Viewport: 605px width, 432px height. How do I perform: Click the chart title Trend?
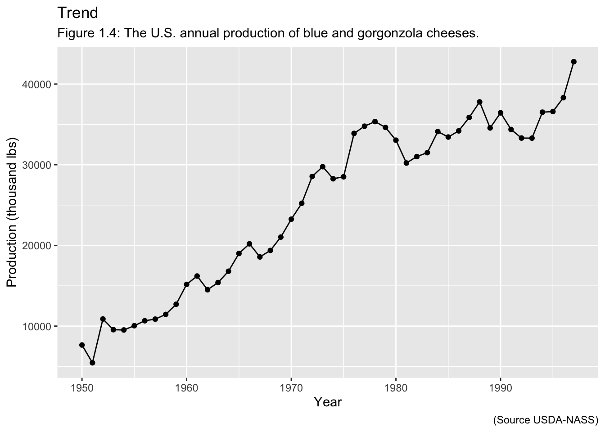(77, 13)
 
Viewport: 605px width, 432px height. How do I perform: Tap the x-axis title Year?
(328, 402)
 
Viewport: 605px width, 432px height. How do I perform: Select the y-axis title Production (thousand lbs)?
(12, 213)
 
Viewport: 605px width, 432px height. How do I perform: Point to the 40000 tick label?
(39, 85)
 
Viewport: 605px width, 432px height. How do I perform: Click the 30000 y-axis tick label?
(39, 165)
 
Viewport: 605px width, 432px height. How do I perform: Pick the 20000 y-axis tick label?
(39, 246)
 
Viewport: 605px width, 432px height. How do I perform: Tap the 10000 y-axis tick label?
(39, 326)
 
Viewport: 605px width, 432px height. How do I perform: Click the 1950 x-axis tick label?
(82, 387)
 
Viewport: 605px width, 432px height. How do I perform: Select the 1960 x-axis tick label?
(186, 387)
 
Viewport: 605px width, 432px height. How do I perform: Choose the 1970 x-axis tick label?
(291, 387)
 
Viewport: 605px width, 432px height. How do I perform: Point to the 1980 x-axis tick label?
(396, 387)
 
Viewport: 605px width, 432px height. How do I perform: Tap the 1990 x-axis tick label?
(500, 387)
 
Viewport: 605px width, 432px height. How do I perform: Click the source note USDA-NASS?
(546, 420)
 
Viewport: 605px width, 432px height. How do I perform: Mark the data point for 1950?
(82, 345)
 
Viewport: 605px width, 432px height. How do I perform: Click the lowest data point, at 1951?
(92, 363)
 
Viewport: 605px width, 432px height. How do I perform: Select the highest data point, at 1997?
(573, 62)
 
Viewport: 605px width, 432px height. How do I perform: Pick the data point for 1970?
(291, 219)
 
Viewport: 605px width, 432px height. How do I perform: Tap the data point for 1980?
(396, 140)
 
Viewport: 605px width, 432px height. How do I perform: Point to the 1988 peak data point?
(479, 102)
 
